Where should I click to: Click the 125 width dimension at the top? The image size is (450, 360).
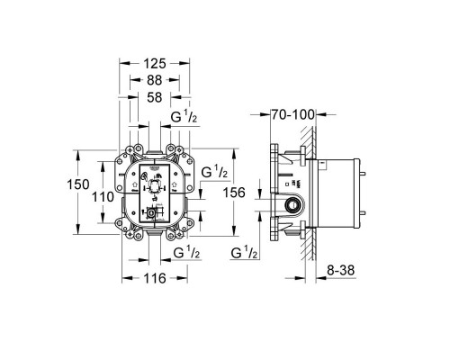[154, 63]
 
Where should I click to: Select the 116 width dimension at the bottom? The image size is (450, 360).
[154, 279]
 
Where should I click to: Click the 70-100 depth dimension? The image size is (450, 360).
[294, 115]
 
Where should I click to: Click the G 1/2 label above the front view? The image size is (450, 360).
[184, 116]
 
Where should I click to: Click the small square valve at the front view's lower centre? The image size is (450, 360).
[150, 214]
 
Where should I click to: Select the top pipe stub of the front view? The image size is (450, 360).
[155, 144]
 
